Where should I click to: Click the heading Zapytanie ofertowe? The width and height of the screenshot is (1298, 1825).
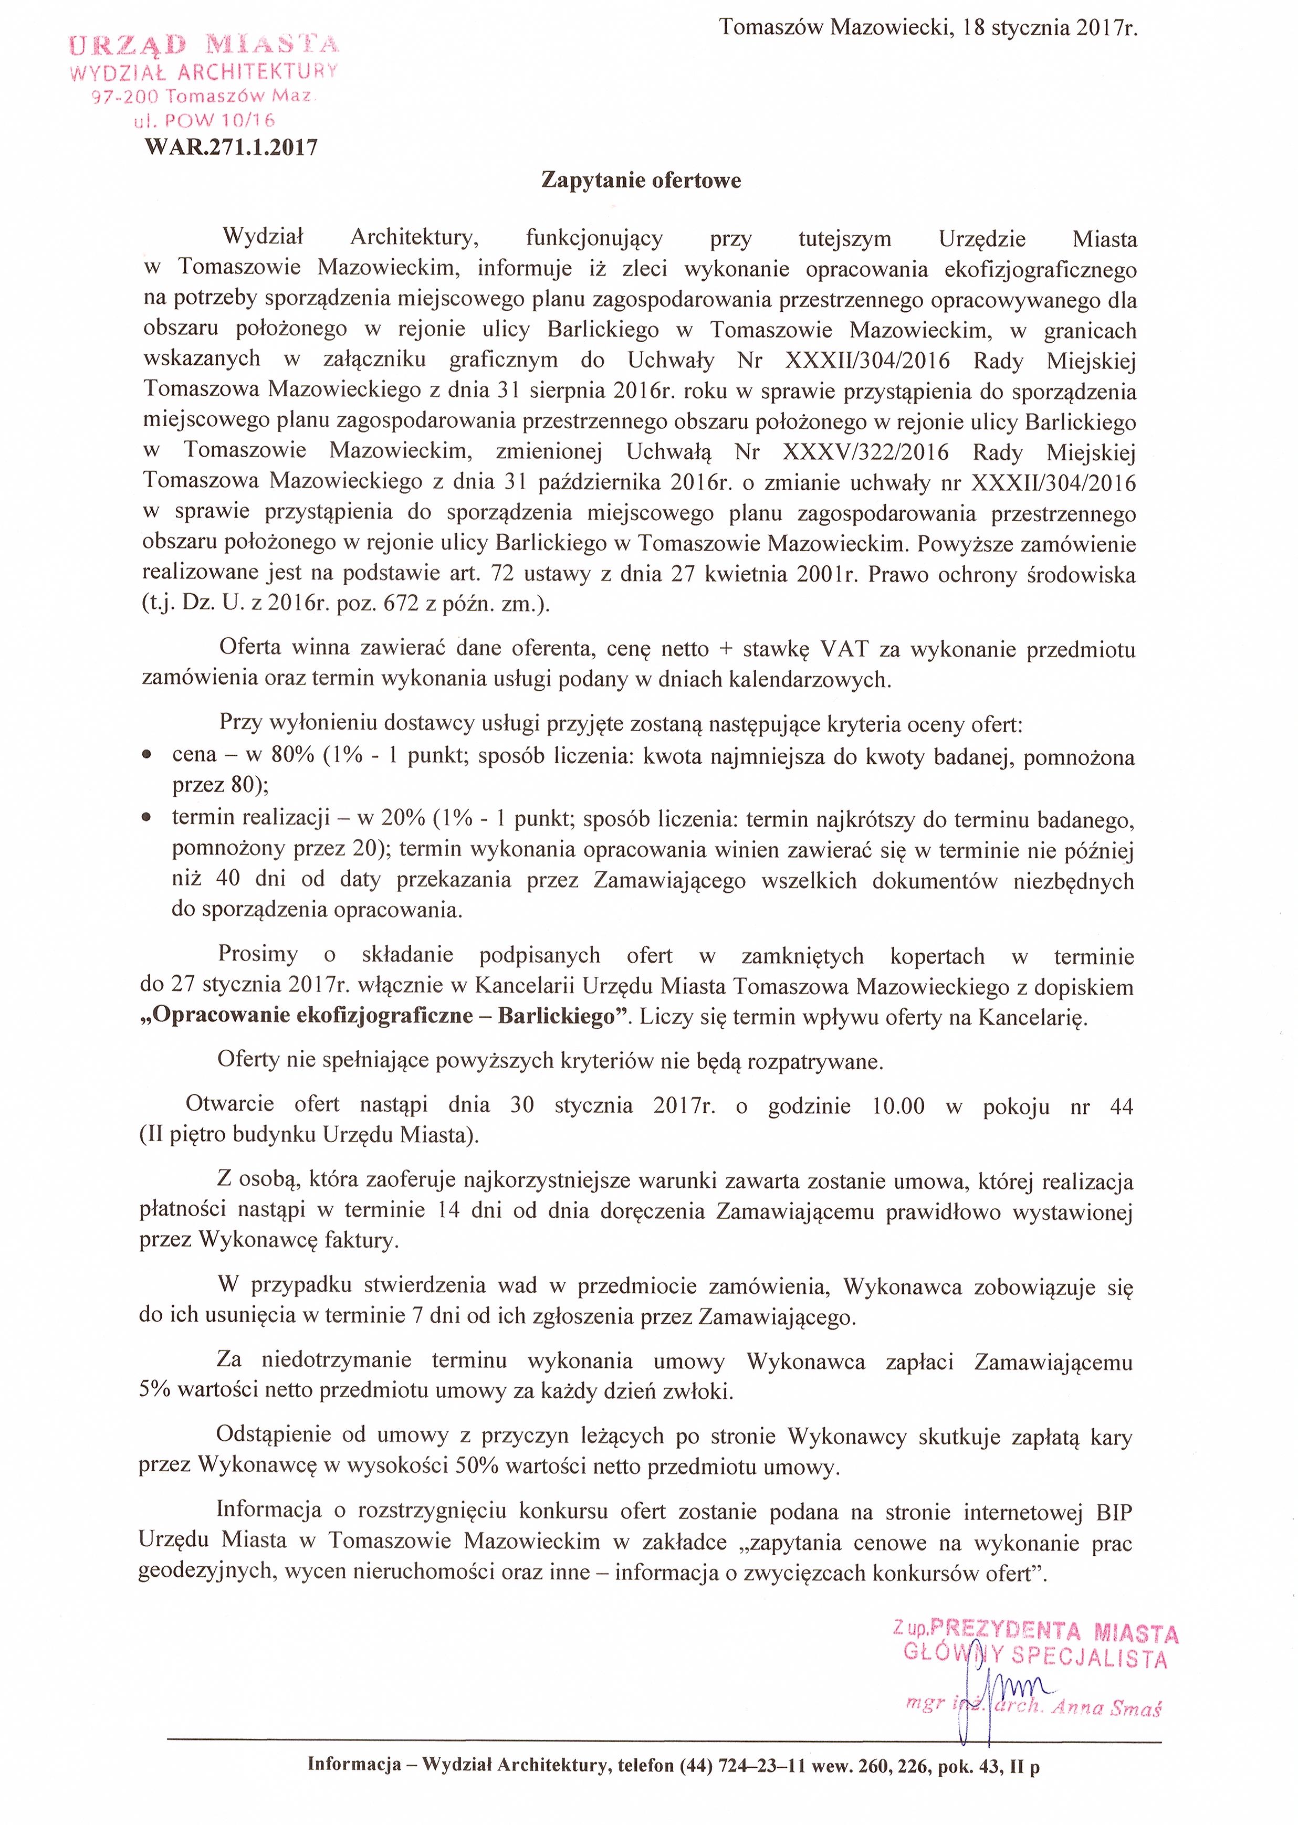[x=641, y=181]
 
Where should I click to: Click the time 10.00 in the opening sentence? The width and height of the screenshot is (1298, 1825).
[x=898, y=1106]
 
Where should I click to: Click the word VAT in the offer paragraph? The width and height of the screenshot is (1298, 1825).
[x=845, y=649]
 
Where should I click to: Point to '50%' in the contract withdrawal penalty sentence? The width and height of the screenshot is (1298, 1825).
[x=477, y=1467]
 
